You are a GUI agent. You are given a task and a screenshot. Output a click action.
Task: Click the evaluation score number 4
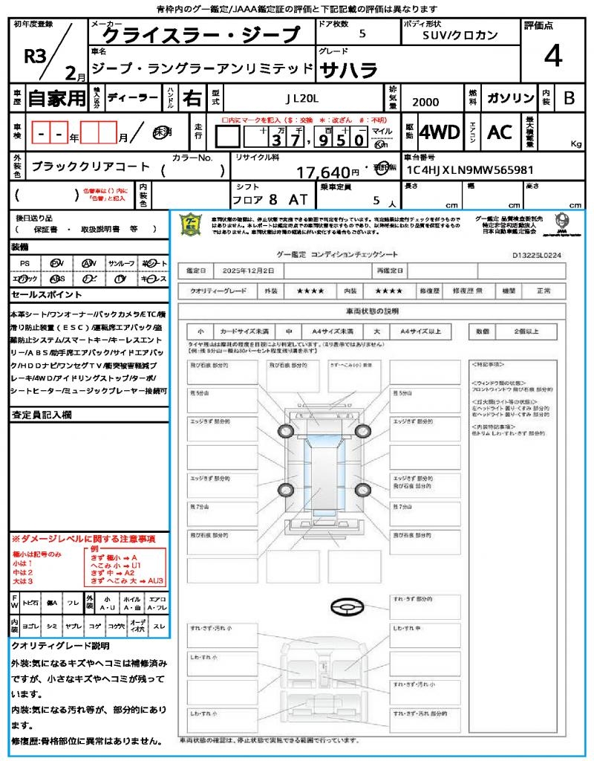click(x=552, y=57)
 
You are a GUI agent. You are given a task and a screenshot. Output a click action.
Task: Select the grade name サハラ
click(x=348, y=70)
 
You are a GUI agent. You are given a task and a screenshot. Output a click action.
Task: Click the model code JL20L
click(x=301, y=98)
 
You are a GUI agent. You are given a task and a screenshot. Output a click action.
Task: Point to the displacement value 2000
click(x=425, y=102)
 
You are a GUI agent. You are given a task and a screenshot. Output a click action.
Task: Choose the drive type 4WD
click(x=439, y=132)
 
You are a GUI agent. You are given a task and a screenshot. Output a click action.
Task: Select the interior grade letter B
click(x=569, y=98)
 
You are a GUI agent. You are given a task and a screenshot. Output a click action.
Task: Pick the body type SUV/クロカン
click(x=460, y=35)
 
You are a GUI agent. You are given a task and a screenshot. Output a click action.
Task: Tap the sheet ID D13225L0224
click(x=537, y=254)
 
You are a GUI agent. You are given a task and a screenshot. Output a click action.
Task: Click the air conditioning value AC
click(x=500, y=132)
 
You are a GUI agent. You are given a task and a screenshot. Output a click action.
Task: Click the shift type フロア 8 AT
click(x=268, y=199)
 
